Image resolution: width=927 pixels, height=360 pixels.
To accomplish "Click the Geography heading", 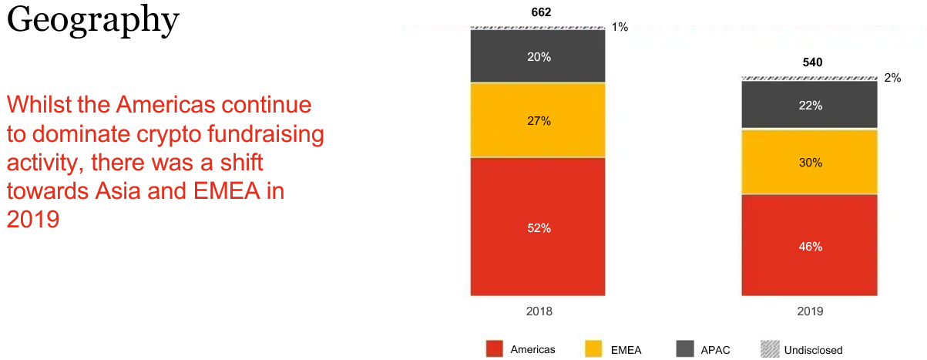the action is tap(93, 20).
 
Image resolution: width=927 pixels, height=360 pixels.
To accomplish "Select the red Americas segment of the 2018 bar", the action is tap(538, 227).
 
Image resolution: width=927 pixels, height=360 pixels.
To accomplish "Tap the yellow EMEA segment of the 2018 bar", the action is tap(538, 120).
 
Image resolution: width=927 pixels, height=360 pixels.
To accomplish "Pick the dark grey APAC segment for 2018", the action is tap(538, 56).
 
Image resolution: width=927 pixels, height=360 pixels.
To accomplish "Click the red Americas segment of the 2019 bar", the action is tap(809, 245).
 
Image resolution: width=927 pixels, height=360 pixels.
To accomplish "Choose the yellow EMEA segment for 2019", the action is tap(809, 162).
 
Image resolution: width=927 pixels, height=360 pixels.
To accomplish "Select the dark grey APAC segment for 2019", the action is tap(809, 105).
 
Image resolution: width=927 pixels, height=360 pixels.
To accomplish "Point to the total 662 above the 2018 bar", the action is tap(541, 12).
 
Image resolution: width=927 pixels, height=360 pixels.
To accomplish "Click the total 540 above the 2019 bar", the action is tap(812, 62).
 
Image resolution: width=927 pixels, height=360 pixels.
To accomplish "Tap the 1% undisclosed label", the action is tap(620, 27).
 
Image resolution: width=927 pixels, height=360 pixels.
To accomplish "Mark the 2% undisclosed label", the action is tap(892, 78).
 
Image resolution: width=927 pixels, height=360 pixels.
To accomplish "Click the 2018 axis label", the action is tap(539, 311).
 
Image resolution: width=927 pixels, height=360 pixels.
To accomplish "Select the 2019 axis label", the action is tap(811, 311).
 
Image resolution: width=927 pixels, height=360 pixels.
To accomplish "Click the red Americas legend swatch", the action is tap(495, 348).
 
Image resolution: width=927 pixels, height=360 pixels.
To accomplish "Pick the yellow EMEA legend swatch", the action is tap(593, 348).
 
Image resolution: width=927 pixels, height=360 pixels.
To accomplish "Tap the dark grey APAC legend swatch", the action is tap(685, 348).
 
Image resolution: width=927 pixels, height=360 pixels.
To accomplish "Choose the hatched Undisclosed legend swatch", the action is tap(770, 348).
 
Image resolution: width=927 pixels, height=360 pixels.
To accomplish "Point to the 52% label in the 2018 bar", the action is tap(539, 228).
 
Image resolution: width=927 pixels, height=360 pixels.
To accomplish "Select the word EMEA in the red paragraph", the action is tap(227, 191).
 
